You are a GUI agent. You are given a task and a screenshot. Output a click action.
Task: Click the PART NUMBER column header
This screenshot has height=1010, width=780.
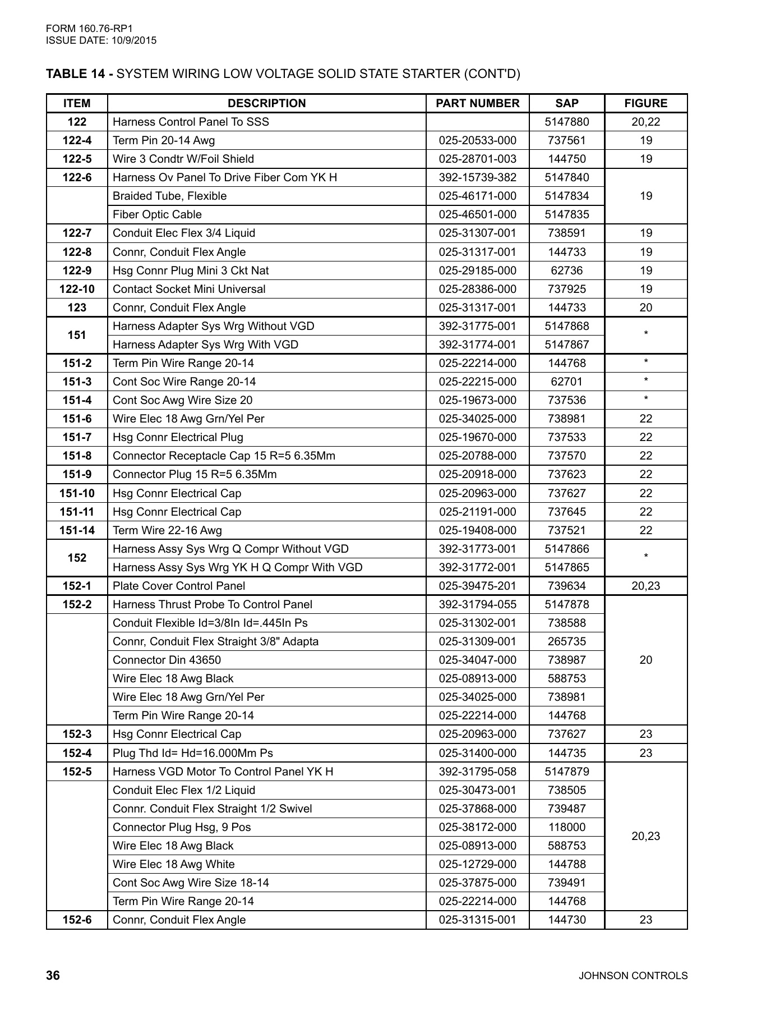477,103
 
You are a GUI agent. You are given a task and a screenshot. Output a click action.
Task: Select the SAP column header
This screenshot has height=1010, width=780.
566,103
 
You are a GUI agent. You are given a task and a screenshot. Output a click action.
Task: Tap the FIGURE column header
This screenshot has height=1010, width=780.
645,103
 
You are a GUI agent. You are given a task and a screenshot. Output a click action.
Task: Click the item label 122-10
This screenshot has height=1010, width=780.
77,289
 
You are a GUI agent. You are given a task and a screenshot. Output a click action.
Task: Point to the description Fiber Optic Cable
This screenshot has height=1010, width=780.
157,214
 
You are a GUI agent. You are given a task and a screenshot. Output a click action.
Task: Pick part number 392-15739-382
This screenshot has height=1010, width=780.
477,177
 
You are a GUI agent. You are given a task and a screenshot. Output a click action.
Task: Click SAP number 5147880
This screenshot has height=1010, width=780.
566,122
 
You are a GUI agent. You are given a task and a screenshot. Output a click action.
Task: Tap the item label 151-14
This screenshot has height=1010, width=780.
77,530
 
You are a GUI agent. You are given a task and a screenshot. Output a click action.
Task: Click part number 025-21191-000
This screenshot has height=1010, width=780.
477,512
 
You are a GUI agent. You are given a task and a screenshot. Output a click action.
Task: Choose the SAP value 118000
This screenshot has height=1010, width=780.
566,827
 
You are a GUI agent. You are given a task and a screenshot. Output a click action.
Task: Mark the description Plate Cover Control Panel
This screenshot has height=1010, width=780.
179,586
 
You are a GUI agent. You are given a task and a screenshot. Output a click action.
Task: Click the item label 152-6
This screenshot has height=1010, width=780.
77,920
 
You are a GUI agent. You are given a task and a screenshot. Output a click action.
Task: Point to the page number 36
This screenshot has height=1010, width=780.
53,976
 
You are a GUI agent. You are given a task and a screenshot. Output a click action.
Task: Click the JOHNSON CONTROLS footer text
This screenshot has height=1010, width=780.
633,976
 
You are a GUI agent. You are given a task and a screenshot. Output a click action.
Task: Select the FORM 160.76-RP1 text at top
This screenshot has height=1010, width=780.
89,29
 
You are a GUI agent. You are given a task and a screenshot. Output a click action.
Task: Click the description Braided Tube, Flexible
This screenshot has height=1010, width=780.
169,196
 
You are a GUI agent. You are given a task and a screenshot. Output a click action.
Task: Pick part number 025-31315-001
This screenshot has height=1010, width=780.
477,920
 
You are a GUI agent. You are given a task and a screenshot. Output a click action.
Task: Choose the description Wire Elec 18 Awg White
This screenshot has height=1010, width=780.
173,864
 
